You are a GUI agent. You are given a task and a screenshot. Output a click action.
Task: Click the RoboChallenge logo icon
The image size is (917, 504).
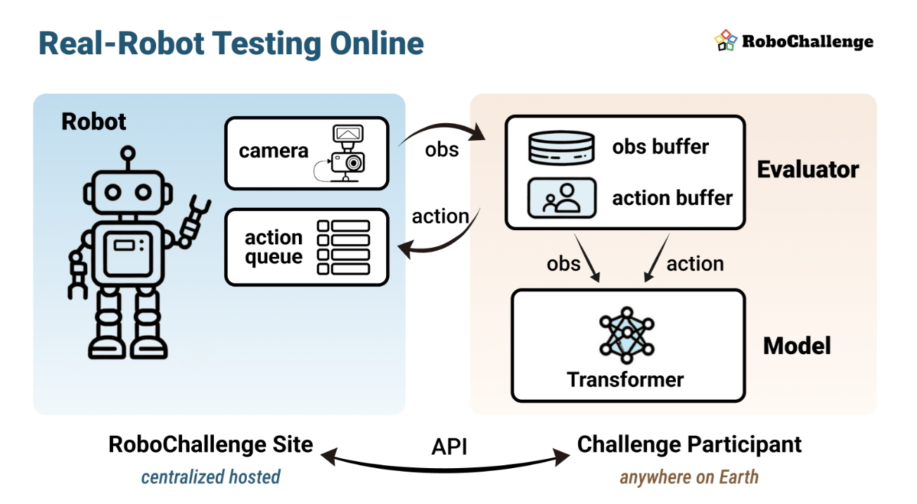coord(726,40)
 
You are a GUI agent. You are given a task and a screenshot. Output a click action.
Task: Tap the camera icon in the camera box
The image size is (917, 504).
coord(345,153)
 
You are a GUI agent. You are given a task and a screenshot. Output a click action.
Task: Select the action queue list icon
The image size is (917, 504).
coord(343,247)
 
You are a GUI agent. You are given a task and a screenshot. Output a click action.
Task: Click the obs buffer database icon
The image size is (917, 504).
coord(561,148)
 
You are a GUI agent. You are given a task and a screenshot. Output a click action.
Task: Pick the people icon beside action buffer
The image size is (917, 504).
coord(562,198)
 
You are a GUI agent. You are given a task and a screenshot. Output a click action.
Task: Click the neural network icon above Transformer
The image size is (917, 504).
coord(627,335)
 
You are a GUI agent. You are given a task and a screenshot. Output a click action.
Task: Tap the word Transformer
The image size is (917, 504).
coord(625,380)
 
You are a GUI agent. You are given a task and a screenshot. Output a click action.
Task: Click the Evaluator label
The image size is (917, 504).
coord(808,170)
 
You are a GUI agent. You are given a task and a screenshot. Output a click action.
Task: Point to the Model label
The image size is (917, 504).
coord(797,346)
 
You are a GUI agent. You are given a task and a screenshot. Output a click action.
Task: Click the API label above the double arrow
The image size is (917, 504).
coord(449,446)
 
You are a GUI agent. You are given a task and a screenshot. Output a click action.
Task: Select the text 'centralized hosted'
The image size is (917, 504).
coord(211,477)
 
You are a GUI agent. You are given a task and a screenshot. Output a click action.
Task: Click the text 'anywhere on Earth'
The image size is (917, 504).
coord(689,477)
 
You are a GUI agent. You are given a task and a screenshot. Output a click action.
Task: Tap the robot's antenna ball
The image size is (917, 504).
coord(128,153)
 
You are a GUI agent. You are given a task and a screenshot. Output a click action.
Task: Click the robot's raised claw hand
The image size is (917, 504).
coord(196,221)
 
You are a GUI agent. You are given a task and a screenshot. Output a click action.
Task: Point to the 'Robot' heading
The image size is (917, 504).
coord(94,122)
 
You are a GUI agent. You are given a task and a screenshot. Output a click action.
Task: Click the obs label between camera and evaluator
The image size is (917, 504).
coord(442,149)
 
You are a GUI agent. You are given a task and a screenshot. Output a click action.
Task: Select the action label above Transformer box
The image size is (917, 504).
coord(695,263)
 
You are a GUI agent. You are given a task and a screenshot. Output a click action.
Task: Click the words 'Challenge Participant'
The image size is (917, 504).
coord(689,445)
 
